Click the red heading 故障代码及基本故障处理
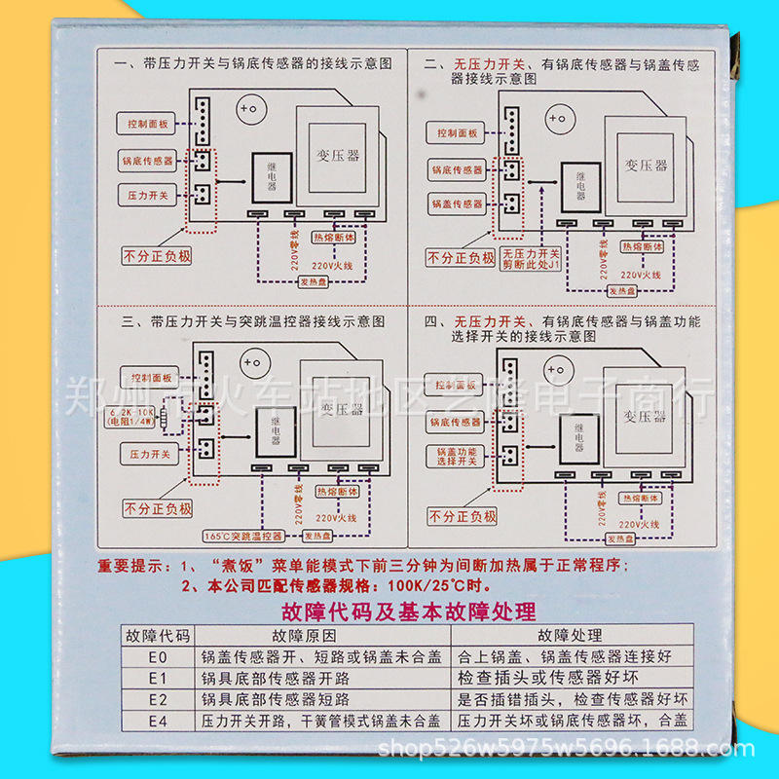click(x=407, y=612)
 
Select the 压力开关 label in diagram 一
click(x=148, y=195)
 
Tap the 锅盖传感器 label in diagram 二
click(x=457, y=204)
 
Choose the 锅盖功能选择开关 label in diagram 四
click(x=457, y=456)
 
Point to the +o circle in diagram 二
click(x=556, y=119)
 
